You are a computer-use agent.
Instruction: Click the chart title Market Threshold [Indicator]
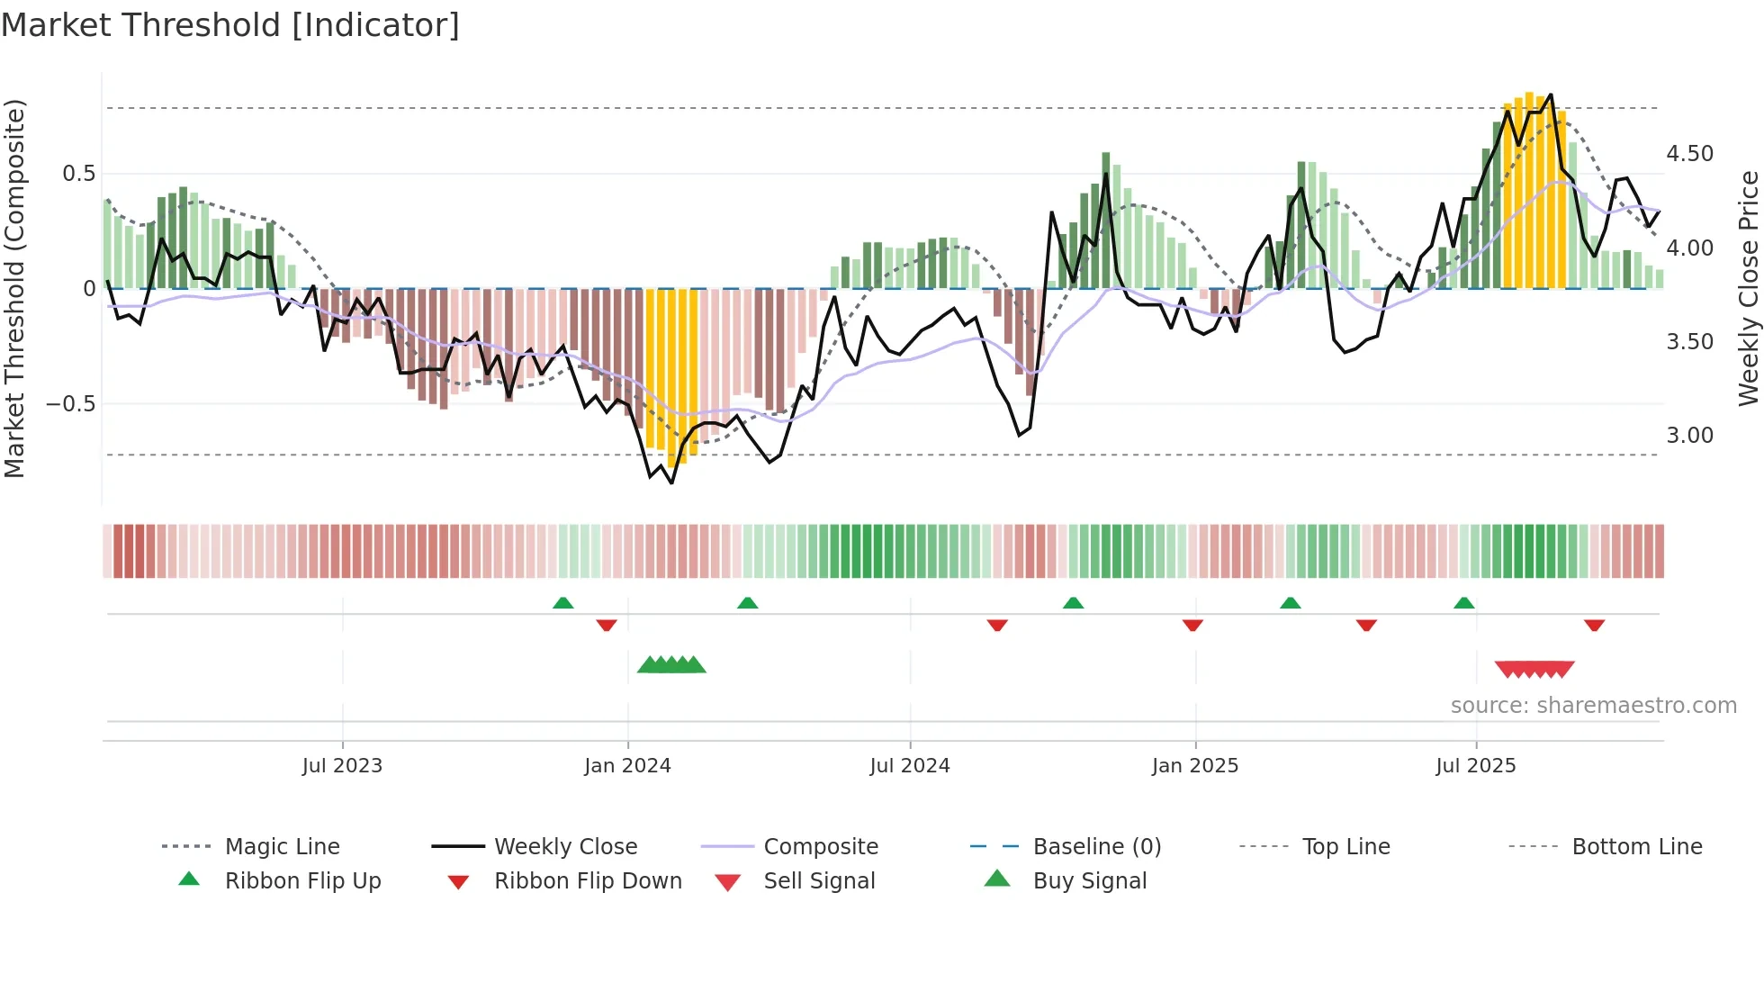[x=230, y=25]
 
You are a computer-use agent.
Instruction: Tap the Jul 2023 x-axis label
[x=342, y=766]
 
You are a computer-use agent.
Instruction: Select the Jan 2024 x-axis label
[x=627, y=766]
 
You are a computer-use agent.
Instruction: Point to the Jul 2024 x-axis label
[x=910, y=766]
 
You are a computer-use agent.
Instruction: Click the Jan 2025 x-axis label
[x=1195, y=766]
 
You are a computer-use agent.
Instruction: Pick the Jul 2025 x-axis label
[x=1476, y=766]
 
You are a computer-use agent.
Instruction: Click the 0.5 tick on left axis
[x=79, y=174]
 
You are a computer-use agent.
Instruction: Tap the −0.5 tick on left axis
[x=71, y=404]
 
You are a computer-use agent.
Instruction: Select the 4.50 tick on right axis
[x=1690, y=154]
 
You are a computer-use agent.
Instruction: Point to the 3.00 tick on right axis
[x=1690, y=436]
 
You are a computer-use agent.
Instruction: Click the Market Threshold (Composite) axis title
[x=14, y=288]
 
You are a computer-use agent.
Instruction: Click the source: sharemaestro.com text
[x=1593, y=706]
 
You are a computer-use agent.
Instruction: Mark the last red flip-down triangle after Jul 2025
[x=1595, y=625]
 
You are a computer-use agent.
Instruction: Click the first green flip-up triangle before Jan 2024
[x=563, y=603]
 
